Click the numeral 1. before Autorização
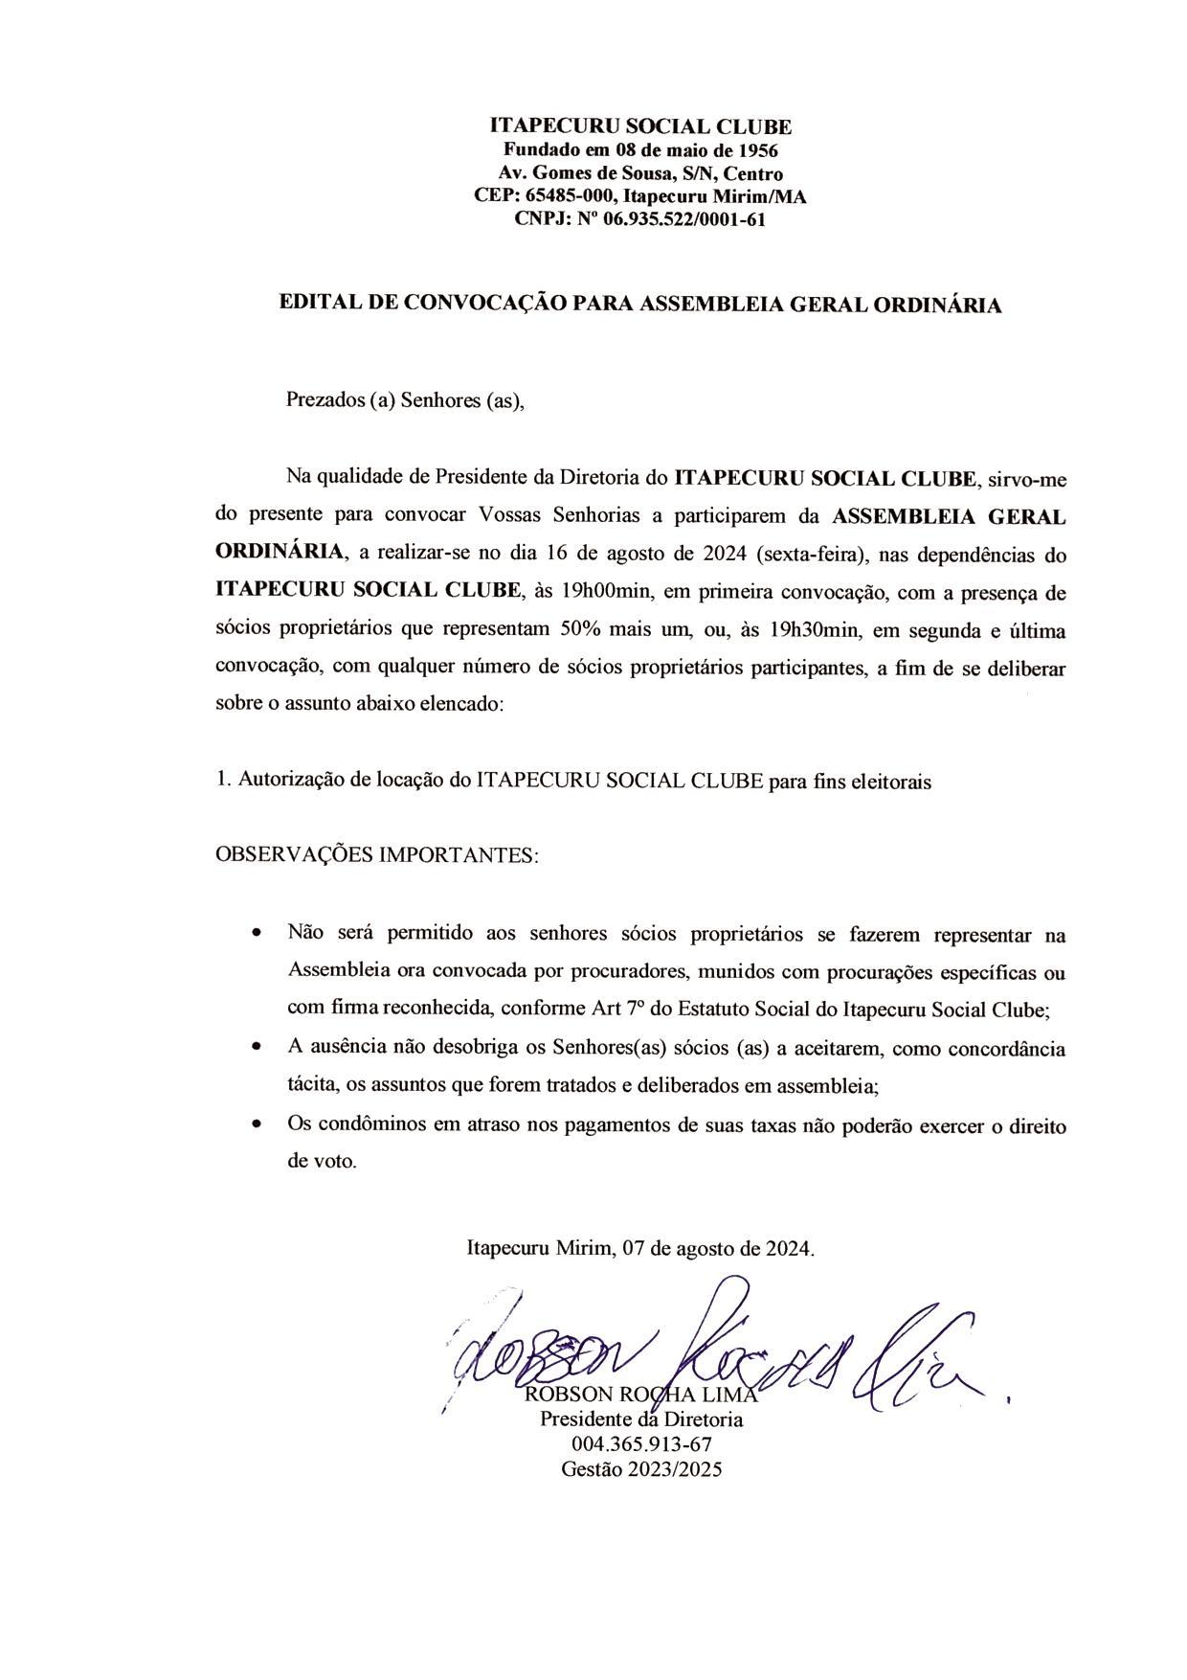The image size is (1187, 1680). pos(223,780)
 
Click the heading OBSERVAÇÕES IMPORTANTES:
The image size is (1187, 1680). pos(377,853)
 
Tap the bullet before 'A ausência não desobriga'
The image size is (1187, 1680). pos(256,1048)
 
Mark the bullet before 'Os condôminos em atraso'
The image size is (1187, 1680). pos(256,1125)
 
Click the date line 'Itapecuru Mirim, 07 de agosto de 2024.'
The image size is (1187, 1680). pos(640,1248)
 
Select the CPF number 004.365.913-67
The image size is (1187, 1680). pos(641,1444)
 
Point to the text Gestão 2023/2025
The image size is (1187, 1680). pos(641,1469)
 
